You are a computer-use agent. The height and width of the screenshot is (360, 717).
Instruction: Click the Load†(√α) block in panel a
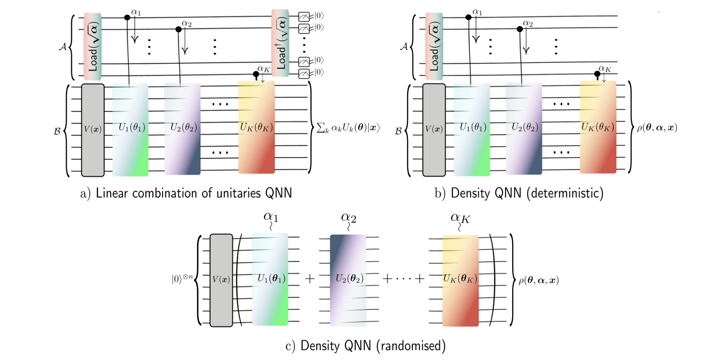click(x=280, y=44)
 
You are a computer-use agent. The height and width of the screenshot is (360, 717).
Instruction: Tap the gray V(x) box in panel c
click(x=221, y=280)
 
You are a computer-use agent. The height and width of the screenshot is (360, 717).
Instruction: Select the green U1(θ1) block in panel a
click(x=130, y=129)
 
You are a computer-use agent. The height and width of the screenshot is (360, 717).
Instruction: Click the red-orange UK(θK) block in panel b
click(x=598, y=127)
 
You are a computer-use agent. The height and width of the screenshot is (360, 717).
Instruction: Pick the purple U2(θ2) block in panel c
click(x=348, y=280)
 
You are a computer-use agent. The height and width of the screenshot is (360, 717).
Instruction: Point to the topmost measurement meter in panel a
click(x=304, y=16)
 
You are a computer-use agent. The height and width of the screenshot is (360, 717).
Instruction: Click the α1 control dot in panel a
click(x=127, y=17)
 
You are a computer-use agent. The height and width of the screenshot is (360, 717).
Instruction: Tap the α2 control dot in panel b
click(x=520, y=29)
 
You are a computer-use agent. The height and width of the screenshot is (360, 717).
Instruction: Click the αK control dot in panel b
click(x=597, y=74)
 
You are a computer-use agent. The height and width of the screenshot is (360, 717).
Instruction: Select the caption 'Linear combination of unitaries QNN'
click(x=194, y=193)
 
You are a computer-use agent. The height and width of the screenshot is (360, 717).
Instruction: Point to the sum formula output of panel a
click(x=348, y=128)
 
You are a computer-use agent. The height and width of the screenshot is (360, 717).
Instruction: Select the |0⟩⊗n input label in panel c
click(x=182, y=279)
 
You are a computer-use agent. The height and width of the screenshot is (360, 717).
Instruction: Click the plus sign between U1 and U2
click(x=310, y=279)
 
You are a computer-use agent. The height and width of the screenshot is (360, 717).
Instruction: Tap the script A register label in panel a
click(x=63, y=47)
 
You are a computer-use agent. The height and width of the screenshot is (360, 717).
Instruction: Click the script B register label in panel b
click(x=398, y=131)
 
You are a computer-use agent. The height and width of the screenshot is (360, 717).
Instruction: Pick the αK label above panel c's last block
click(x=460, y=218)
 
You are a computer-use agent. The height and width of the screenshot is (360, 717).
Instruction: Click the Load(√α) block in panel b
click(x=434, y=47)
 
